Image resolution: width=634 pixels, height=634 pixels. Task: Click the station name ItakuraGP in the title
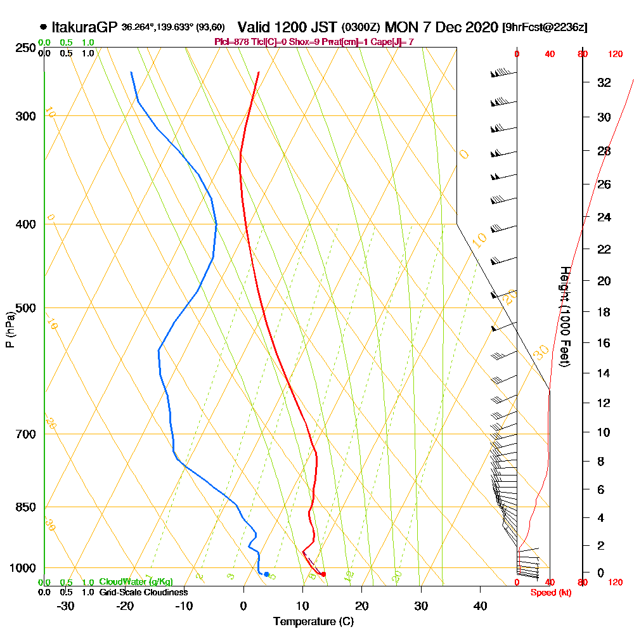pyautogui.click(x=84, y=27)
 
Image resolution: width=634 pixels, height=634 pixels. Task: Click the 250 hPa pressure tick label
pyautogui.click(x=25, y=48)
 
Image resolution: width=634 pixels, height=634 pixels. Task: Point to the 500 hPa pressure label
pyautogui.click(x=25, y=308)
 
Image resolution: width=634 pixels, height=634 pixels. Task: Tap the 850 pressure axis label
pyautogui.click(x=25, y=507)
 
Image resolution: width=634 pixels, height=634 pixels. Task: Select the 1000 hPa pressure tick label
pyautogui.click(x=23, y=568)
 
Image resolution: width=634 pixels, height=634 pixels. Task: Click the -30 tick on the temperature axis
pyautogui.click(x=66, y=606)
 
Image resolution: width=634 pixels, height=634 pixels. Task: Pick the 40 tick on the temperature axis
pyautogui.click(x=480, y=606)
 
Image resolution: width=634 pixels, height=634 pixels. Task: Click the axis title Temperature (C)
pyautogui.click(x=313, y=621)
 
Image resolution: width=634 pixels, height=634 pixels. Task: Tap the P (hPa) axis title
pyautogui.click(x=10, y=330)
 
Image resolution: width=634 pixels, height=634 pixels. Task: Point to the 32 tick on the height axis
pyautogui.click(x=604, y=82)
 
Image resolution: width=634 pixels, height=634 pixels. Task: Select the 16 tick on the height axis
pyautogui.click(x=604, y=343)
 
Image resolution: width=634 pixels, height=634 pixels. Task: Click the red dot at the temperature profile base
pyautogui.click(x=323, y=574)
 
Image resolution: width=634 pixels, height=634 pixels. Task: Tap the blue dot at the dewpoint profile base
pyautogui.click(x=266, y=574)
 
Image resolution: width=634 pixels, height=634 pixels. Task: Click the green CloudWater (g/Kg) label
pyautogui.click(x=136, y=582)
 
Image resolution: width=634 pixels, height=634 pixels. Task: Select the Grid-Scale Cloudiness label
pyautogui.click(x=143, y=592)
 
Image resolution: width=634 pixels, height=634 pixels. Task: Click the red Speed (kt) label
pyautogui.click(x=550, y=592)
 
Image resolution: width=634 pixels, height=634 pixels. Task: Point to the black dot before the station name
pyautogui.click(x=43, y=27)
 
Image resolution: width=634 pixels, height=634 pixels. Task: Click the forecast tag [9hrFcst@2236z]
pyautogui.click(x=544, y=28)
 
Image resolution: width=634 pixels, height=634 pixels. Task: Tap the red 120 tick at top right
pyautogui.click(x=614, y=55)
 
